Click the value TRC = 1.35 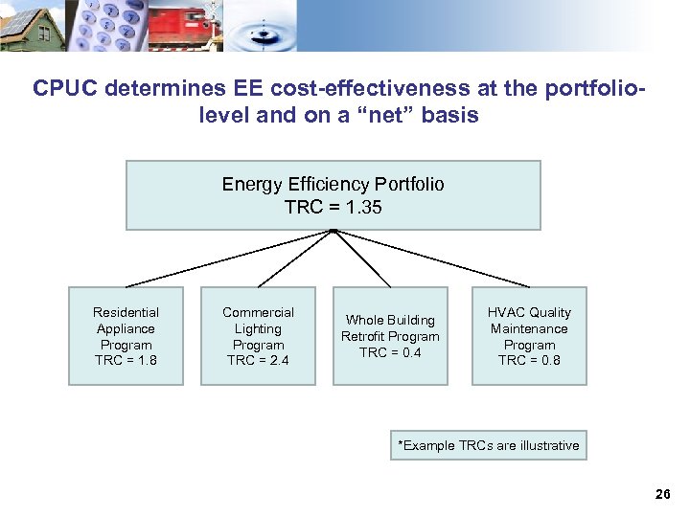click(x=333, y=206)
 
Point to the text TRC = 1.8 click(x=126, y=361)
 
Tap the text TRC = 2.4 click(x=258, y=361)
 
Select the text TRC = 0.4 click(x=390, y=352)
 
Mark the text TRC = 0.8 click(x=529, y=361)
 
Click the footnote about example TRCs click(x=488, y=445)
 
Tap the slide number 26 click(x=662, y=495)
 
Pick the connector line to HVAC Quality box click(x=431, y=258)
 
